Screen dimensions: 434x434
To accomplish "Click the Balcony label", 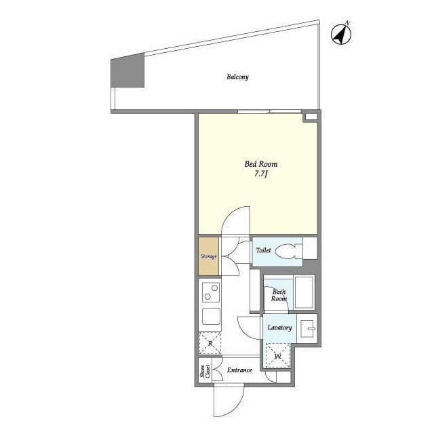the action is tap(237, 77).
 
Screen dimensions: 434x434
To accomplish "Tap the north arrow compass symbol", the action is tap(341, 34).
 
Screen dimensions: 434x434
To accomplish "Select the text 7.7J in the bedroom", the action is tap(260, 174).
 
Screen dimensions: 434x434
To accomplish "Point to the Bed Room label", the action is tap(260, 164).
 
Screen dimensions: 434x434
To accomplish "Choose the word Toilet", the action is tap(263, 250).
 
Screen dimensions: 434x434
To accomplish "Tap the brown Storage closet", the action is tap(209, 256).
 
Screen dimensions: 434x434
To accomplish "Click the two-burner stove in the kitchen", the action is tap(211, 292).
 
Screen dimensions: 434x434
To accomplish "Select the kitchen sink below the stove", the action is tap(211, 317).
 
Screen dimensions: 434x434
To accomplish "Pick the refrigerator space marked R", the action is tap(210, 343).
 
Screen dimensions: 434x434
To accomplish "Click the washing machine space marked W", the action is tap(277, 356).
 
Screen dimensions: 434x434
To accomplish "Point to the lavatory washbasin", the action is tap(307, 329).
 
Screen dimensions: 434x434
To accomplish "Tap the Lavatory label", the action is tap(279, 328).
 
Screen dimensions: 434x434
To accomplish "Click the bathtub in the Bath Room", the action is tap(304, 292).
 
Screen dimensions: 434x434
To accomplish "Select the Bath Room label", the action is tap(279, 296).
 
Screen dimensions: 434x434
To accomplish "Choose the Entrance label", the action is tap(239, 370).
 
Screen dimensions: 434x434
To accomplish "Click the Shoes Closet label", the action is tap(205, 371).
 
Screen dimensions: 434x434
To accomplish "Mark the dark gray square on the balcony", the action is tap(127, 70).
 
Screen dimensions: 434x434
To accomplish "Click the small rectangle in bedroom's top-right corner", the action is tap(311, 117).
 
